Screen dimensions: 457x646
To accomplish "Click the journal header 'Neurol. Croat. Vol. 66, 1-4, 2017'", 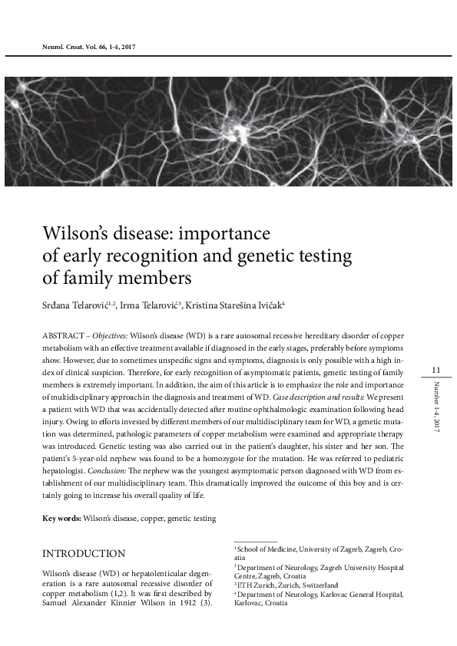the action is click(x=91, y=47).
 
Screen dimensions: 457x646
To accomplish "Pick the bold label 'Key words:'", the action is click(x=61, y=519).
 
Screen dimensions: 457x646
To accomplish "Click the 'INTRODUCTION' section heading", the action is click(x=84, y=553).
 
